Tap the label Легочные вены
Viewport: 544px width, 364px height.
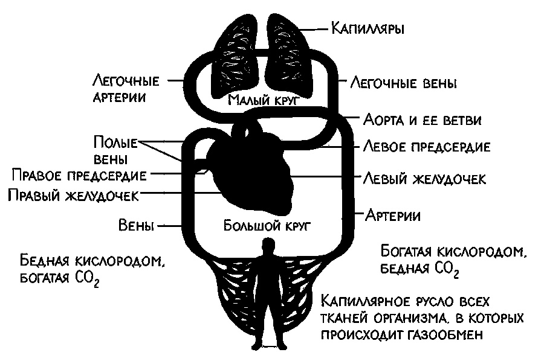pyautogui.click(x=403, y=82)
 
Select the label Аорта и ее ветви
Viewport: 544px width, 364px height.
pyautogui.click(x=422, y=119)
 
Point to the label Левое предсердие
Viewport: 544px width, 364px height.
pyautogui.click(x=426, y=147)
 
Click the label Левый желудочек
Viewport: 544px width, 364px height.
pyautogui.click(x=424, y=179)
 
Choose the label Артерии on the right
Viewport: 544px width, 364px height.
pyautogui.click(x=393, y=214)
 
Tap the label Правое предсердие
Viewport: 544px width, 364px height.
pyautogui.click(x=79, y=175)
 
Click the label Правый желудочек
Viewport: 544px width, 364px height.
pyautogui.click(x=73, y=195)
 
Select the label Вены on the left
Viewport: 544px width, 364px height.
pyautogui.click(x=136, y=226)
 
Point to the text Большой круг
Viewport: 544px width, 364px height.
pyautogui.click(x=267, y=226)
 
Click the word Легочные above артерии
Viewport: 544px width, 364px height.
pyautogui.click(x=126, y=80)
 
